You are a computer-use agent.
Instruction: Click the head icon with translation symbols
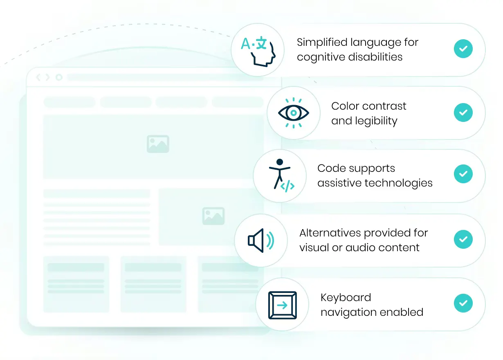coord(257,50)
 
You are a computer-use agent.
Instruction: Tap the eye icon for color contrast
coord(293,113)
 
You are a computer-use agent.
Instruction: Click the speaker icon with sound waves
coord(261,240)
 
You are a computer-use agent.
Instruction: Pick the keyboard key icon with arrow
coord(282,305)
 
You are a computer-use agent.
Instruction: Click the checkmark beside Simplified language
coord(463,49)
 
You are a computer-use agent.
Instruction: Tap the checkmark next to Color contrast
coord(463,112)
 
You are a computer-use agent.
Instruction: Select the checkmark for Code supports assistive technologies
coord(463,174)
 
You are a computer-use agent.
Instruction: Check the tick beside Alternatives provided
coord(463,239)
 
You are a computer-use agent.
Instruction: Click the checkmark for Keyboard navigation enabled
coord(463,304)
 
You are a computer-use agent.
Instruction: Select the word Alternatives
coord(330,233)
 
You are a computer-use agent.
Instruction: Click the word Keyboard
coord(346,297)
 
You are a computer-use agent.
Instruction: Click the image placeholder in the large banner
coord(158,144)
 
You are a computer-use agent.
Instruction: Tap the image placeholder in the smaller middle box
coord(213,216)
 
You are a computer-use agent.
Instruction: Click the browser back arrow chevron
coord(39,77)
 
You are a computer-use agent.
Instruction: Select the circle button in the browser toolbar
coord(59,77)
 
